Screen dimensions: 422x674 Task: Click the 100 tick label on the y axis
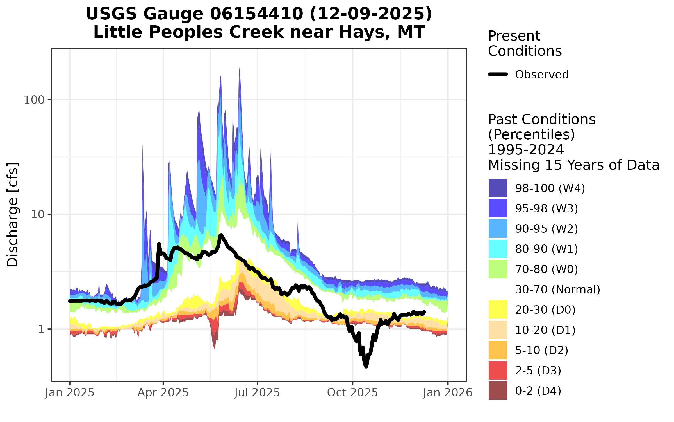[x=34, y=100]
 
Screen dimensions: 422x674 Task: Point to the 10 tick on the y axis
[x=37, y=215]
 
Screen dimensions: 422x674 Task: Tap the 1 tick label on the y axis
[x=41, y=329]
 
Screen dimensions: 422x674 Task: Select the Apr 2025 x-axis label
[x=163, y=393]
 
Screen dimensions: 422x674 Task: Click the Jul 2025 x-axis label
[x=257, y=393]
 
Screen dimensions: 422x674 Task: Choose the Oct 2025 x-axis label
[x=352, y=393]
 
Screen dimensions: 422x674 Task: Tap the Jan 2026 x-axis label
[x=448, y=393]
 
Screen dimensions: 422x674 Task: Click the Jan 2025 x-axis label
[x=70, y=393]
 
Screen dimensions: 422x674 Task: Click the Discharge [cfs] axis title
[x=13, y=215]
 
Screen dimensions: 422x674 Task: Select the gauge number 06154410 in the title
[x=256, y=14]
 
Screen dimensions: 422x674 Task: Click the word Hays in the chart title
[x=363, y=32]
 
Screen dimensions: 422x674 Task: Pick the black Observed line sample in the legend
[x=498, y=75]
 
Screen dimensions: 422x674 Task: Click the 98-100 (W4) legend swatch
[x=498, y=188]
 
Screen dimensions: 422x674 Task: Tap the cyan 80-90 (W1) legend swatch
[x=498, y=249]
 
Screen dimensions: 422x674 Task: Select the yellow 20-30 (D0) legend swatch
[x=498, y=309]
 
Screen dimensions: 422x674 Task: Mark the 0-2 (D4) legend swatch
[x=498, y=390]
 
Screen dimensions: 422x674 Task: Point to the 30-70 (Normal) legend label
[x=557, y=289]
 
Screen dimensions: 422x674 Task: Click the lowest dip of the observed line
[x=366, y=366]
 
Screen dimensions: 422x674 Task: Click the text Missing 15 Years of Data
[x=573, y=165]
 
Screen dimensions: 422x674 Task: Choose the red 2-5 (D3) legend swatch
[x=498, y=370]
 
